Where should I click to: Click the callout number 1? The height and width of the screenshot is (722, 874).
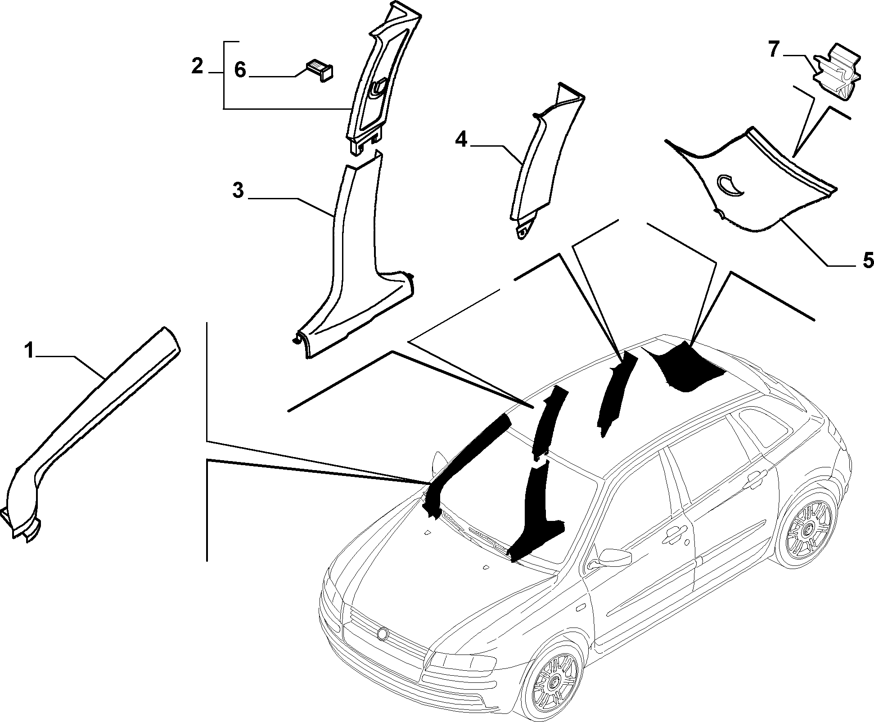29,351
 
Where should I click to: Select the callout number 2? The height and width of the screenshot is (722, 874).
197,66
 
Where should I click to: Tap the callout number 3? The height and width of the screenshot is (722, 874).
238,190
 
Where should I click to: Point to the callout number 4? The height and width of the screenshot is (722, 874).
461,140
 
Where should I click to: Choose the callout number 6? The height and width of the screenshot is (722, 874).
240,71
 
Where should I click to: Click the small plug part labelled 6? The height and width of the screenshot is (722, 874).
320,71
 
